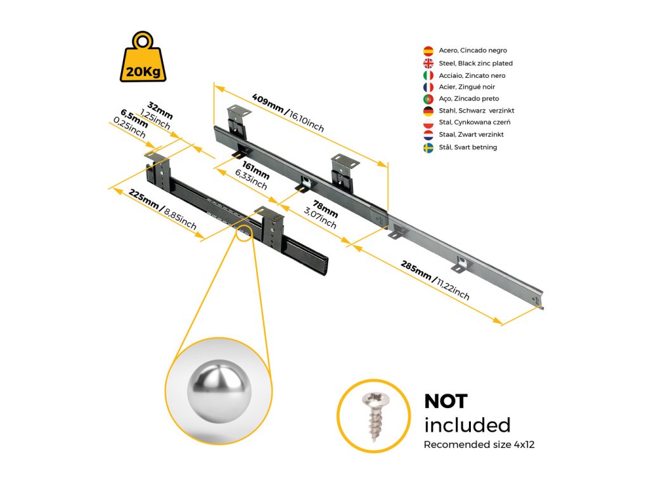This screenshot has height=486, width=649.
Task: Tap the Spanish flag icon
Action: point(428,51)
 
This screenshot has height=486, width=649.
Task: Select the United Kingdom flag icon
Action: point(428,63)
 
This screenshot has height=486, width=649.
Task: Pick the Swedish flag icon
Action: point(428,147)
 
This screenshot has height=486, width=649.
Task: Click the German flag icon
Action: point(428,111)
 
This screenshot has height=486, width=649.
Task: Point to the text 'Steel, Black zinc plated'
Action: point(475,63)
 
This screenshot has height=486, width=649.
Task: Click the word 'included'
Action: point(467,425)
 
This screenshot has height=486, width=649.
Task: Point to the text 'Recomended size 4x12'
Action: point(479,445)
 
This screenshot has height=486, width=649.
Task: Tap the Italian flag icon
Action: point(428,75)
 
